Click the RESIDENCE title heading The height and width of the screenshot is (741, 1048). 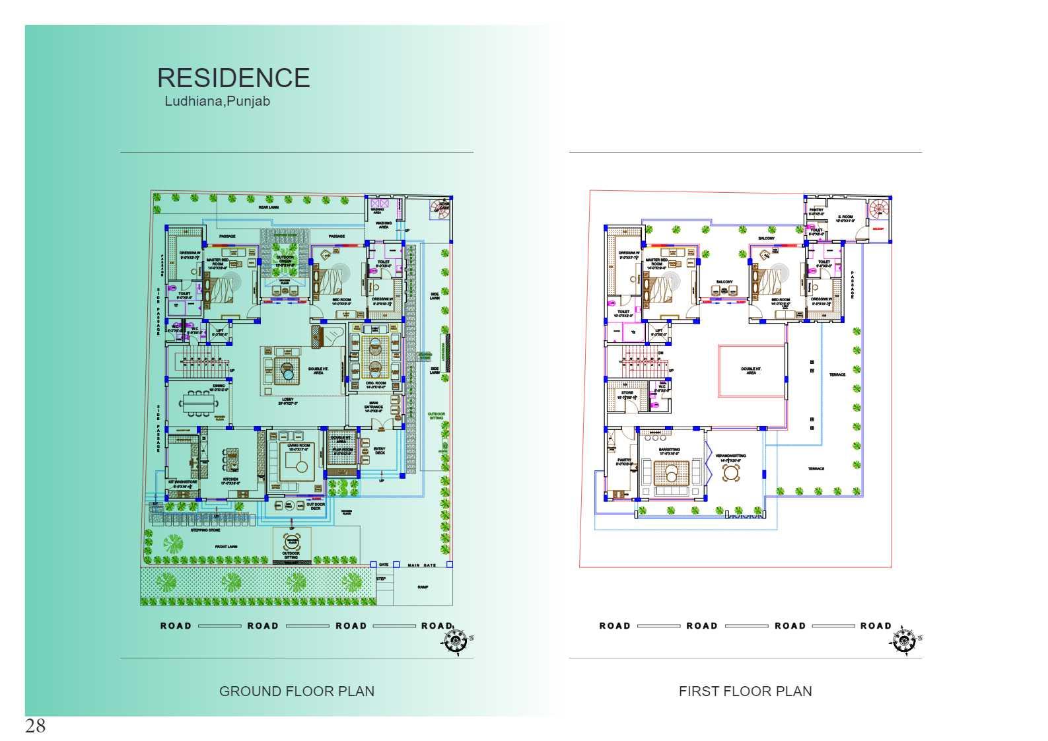(x=233, y=78)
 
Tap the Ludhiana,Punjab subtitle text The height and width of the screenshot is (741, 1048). (x=217, y=102)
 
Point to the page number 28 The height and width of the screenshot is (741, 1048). (x=36, y=726)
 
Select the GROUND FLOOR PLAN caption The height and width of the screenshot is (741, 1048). (x=297, y=691)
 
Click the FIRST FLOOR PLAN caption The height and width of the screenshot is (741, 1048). (x=745, y=691)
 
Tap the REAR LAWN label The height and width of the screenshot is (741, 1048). (x=268, y=207)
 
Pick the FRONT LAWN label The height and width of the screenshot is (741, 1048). (x=226, y=546)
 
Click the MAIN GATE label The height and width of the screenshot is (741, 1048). (x=422, y=565)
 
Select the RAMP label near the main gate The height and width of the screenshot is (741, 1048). (x=423, y=586)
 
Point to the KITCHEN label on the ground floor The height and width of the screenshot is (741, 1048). (x=230, y=479)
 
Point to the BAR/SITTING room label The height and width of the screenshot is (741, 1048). (x=669, y=451)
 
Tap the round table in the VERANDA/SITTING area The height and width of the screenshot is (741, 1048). (x=731, y=473)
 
